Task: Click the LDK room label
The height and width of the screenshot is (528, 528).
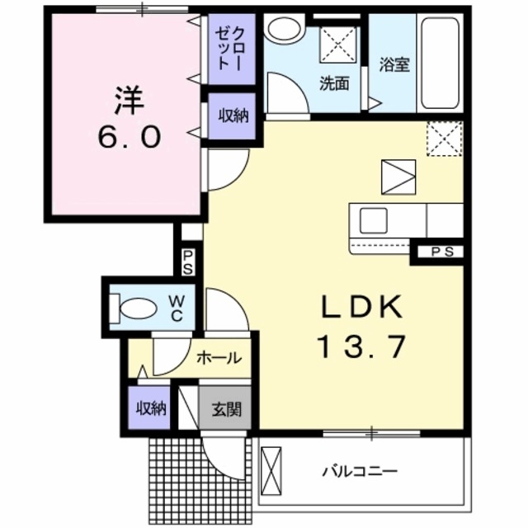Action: click(361, 308)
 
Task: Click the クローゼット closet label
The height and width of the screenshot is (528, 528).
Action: click(228, 50)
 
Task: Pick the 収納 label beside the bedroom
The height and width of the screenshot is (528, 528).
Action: click(233, 115)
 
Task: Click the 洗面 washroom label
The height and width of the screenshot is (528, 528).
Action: click(334, 82)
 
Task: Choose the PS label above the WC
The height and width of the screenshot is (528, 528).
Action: click(188, 262)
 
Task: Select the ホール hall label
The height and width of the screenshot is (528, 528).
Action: click(219, 358)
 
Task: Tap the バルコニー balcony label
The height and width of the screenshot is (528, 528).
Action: click(360, 473)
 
